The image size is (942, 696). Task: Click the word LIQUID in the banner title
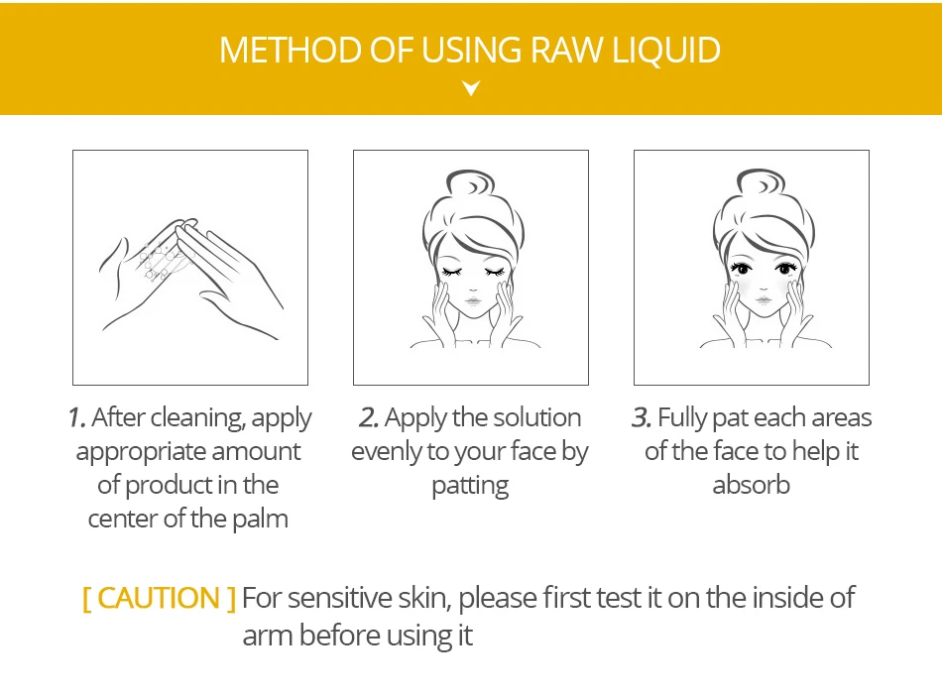coord(666,51)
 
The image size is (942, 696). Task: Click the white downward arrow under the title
coord(472,88)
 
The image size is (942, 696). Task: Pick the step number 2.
coord(369,418)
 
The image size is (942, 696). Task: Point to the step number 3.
coord(642,418)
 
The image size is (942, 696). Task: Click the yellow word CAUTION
coord(159,598)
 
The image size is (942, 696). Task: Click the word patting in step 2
coord(470,486)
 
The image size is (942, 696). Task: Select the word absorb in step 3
coord(751,485)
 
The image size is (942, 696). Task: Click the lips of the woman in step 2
coord(473,299)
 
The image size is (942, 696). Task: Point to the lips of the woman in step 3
coord(764,299)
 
